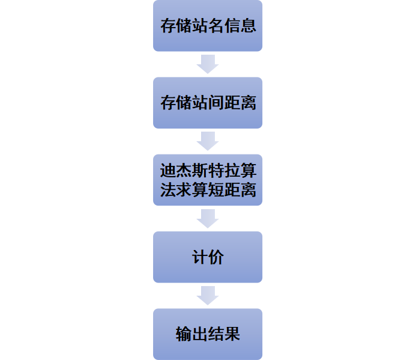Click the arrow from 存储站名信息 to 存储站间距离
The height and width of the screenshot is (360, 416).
208,64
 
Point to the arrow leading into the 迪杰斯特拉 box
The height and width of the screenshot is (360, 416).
208,141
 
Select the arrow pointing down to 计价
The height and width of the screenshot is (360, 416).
208,218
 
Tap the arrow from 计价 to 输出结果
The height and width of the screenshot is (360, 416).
208,295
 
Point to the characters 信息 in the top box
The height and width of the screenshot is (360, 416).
240,26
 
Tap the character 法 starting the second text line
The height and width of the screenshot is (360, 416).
168,190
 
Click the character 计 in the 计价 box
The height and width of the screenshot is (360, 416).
200,257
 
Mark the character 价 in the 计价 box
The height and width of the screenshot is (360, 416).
216,257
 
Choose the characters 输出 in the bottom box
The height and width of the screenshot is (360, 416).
192,334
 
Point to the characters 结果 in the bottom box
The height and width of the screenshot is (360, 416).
224,334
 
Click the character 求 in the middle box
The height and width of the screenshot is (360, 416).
184,190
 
